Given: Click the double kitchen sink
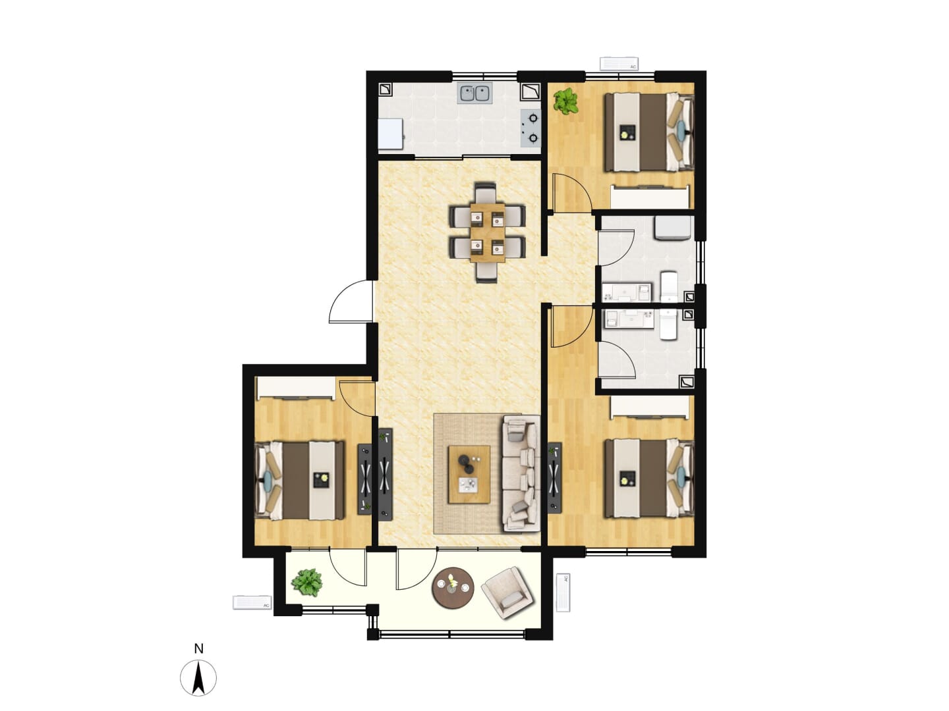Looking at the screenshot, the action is pos(474,93).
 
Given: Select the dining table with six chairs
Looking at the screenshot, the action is pos(487,232).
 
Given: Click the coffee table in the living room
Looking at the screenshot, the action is pos(469,475).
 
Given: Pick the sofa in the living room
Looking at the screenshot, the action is pos(521,473).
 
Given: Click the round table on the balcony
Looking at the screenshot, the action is pos(453,588).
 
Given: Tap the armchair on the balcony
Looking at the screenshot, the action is pos(508,593).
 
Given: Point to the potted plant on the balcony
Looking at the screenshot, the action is pos(307,583).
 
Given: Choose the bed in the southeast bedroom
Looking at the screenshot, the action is pos(649,478).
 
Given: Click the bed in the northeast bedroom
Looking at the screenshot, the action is pos(649,132).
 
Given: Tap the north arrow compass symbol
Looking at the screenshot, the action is pos(198,678).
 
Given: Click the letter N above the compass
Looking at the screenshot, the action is pos(198,649).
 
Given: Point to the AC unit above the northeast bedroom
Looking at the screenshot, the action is pos(619,63).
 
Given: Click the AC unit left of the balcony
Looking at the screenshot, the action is pos(252,602).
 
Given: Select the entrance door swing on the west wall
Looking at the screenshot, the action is pos(351,301).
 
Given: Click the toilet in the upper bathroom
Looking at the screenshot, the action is pos(668,286).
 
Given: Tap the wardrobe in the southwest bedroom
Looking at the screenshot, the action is pos(296,388).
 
